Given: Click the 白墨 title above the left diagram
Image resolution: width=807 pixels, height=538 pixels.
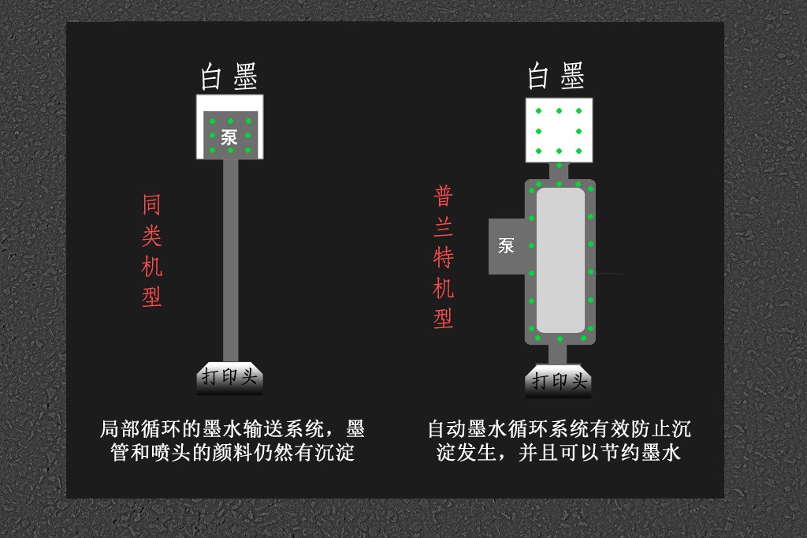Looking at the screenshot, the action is click(x=229, y=77).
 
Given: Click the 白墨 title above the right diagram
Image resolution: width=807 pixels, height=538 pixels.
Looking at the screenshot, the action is click(x=556, y=76).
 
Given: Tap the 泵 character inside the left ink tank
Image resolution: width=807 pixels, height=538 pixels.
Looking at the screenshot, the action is click(x=229, y=137).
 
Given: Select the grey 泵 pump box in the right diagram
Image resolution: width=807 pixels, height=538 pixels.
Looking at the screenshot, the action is click(x=507, y=246).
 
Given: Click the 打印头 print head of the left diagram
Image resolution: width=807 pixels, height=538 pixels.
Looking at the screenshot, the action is click(x=229, y=378).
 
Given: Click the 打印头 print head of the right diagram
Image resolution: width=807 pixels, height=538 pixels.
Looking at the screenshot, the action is click(x=559, y=381).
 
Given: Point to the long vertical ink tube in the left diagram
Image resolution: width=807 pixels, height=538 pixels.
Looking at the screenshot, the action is click(x=231, y=260).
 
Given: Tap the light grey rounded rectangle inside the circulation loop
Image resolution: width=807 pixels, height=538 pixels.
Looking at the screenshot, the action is click(x=560, y=260).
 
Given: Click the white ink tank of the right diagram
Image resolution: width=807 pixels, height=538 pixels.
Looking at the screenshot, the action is click(x=559, y=130).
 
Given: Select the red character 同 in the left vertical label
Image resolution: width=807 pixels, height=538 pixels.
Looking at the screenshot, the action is click(x=152, y=204).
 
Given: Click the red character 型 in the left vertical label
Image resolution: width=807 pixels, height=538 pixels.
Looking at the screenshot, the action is click(x=152, y=297).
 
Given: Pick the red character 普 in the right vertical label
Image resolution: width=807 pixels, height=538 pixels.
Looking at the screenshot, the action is click(x=443, y=196).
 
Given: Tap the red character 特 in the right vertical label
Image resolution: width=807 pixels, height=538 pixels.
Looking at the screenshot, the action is click(x=443, y=257).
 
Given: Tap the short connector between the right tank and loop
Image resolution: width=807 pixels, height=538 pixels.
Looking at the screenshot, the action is click(x=559, y=171).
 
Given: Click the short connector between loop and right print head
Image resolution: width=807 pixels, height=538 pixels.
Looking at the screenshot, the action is click(x=558, y=354).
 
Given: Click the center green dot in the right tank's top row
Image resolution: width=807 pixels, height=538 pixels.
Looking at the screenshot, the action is click(x=559, y=110).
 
